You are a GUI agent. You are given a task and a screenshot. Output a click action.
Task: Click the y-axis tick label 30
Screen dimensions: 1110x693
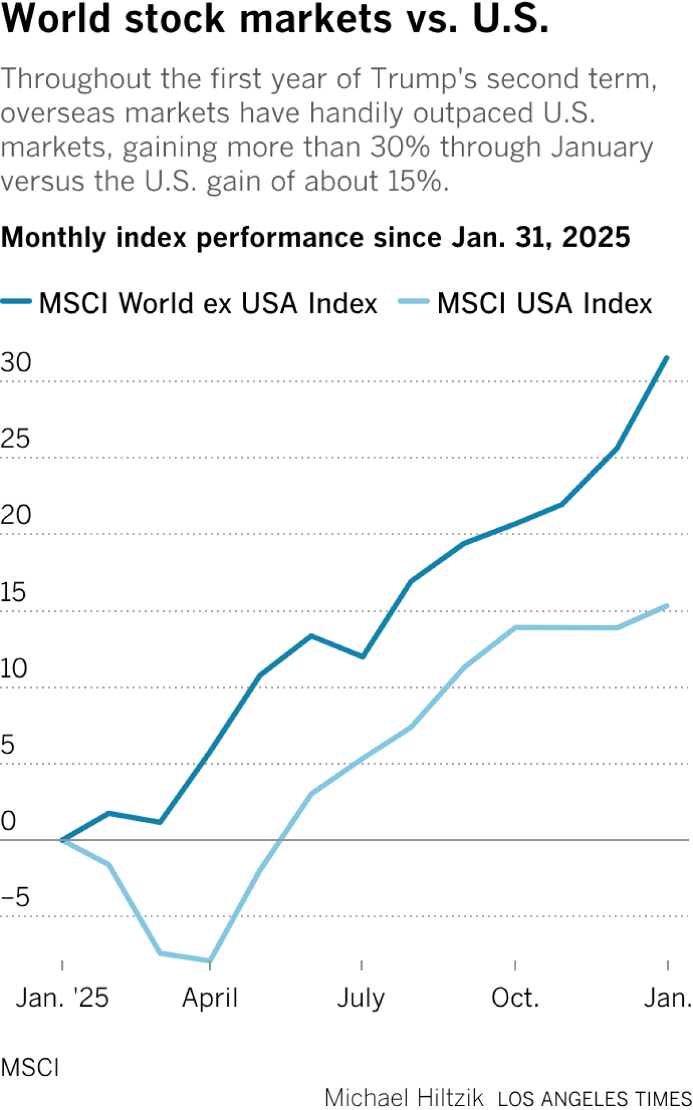[x=16, y=363]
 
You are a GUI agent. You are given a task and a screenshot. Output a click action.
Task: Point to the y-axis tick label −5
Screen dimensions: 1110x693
[x=16, y=898]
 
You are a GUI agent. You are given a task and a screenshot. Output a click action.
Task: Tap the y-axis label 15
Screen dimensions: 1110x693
[x=14, y=592]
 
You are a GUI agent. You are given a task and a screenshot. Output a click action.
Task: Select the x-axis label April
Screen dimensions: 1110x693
[x=210, y=997]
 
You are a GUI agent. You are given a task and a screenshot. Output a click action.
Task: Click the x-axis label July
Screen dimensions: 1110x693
[x=361, y=997]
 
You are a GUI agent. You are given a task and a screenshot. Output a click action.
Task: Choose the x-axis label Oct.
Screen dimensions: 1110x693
[x=515, y=997]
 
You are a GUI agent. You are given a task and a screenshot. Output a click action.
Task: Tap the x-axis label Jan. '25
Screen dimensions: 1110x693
[x=62, y=997]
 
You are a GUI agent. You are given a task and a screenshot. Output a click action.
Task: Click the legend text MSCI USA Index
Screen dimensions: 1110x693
[x=544, y=303]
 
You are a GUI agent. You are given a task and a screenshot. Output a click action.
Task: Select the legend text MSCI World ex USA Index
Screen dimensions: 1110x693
[x=208, y=303]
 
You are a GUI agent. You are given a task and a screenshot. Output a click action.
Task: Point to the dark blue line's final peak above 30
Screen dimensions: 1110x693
[x=667, y=358]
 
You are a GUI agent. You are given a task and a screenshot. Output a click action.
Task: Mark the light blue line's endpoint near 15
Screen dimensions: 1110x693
[x=667, y=606]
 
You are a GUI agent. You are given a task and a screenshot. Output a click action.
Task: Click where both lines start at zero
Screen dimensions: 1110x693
[x=62, y=840]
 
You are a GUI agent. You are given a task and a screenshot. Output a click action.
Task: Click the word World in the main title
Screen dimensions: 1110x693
[x=56, y=18]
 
